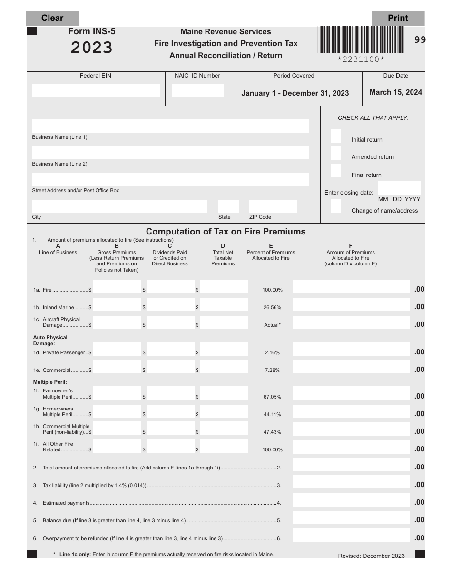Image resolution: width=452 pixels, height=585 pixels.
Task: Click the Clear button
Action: coord(52,18)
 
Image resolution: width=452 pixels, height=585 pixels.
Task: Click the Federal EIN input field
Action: coord(96,91)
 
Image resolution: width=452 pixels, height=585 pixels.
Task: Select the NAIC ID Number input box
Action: coord(197,91)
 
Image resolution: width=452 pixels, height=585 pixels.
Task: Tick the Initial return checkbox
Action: coord(336,136)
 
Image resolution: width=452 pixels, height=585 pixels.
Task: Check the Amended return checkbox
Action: coord(336,154)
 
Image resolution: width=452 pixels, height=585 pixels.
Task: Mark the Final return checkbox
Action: coord(336,170)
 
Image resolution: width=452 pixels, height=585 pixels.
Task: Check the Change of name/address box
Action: coord(336,206)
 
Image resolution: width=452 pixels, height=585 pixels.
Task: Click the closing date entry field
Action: coord(399,188)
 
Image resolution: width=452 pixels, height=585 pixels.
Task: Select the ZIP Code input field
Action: coord(273,206)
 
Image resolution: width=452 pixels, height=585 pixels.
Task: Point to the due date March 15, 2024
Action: coord(395,92)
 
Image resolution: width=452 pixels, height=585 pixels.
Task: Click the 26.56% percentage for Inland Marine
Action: coord(272,308)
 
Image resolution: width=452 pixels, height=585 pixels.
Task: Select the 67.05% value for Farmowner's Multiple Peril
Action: coord(272,397)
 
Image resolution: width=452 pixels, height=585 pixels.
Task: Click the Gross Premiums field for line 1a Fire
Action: coord(117,287)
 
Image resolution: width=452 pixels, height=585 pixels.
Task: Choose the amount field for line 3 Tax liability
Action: coord(351,482)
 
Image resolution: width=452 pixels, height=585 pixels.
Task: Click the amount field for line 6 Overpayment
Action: coord(351,536)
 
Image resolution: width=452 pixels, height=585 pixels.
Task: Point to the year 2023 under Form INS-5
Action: coord(92,48)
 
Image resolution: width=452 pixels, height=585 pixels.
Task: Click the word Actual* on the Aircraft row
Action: coord(272,325)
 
